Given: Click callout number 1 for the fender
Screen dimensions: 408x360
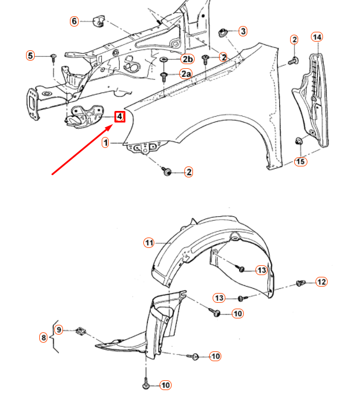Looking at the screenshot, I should point(106,142).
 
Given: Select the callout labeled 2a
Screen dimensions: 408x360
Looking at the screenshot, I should point(185,74).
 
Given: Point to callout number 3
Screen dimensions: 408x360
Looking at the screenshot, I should point(243,31).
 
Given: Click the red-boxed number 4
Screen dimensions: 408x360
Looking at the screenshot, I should point(119,117).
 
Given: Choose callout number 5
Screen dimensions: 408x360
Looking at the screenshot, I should point(30,55).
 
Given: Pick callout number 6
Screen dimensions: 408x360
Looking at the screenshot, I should point(74,21).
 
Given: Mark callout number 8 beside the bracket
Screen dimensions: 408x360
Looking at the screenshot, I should point(43,337).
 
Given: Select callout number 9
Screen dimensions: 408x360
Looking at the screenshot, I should point(59,329).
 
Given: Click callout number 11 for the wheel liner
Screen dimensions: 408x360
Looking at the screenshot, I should point(149,243).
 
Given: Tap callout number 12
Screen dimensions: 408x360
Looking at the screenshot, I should point(321,282).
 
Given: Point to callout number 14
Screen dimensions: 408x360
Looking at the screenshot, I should point(317,37).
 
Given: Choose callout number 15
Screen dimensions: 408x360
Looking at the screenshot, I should point(300,161).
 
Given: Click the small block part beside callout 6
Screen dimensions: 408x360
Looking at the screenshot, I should point(98,21).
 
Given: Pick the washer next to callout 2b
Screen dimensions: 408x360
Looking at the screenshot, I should point(164,60).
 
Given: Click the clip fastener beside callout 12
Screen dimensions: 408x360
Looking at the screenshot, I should point(300,283).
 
